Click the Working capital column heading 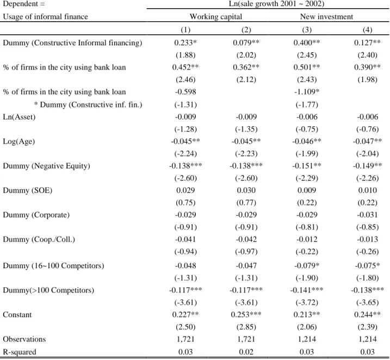click(x=215, y=17)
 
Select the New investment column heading click(x=326, y=17)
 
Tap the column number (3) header click(x=307, y=30)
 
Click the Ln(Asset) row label click(x=19, y=117)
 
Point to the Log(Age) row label click(x=19, y=141)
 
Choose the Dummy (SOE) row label click(x=28, y=190)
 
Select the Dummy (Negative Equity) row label click(x=47, y=166)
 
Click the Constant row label click(x=17, y=315)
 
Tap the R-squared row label click(x=20, y=352)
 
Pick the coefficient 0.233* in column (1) click(x=185, y=43)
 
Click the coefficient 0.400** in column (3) click(x=307, y=43)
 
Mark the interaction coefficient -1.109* click(x=307, y=92)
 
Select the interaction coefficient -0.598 click(x=185, y=92)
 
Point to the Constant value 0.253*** click(x=246, y=315)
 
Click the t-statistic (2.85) click(x=246, y=327)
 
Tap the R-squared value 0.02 click(x=246, y=352)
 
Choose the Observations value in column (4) click(x=367, y=339)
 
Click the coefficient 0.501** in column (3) click(x=307, y=67)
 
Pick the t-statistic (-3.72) click(x=307, y=302)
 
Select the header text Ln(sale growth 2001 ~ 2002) click(x=276, y=4)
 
